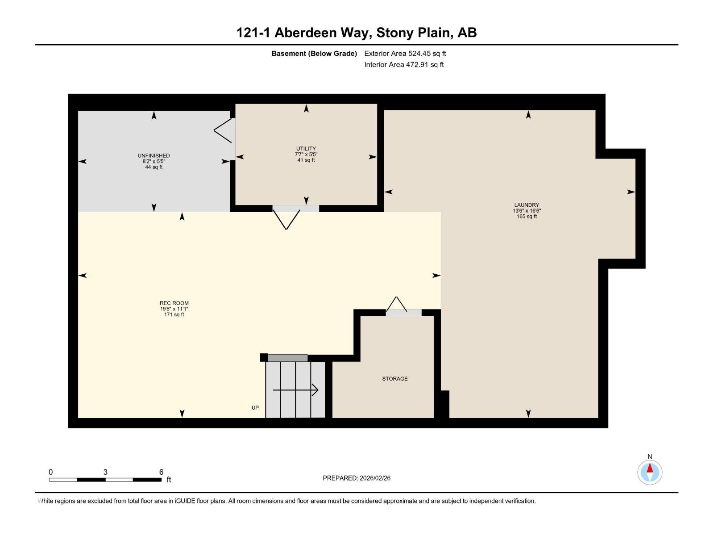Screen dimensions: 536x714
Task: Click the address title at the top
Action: [x=356, y=33]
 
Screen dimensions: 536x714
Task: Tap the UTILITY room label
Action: [x=306, y=149]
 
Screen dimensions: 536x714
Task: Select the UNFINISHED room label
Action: [x=154, y=155]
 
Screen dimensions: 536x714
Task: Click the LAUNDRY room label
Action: [x=527, y=205]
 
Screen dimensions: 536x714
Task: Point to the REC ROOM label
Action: [x=174, y=303]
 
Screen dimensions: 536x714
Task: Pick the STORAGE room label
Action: [x=394, y=378]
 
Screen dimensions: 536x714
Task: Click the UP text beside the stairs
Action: [x=255, y=407]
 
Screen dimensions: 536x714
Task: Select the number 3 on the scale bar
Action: [x=105, y=472]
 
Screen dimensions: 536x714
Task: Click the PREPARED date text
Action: [x=357, y=478]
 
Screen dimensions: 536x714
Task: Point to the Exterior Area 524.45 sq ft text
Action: [x=405, y=53]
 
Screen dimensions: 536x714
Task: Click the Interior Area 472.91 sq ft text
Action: [x=404, y=64]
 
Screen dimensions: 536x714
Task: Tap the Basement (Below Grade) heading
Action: [x=314, y=53]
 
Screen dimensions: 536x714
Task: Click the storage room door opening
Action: [x=403, y=313]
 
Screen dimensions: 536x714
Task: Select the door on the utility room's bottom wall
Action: [x=296, y=209]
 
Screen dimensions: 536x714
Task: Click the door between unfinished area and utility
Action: [x=232, y=139]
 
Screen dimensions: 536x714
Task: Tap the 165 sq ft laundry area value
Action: [x=527, y=217]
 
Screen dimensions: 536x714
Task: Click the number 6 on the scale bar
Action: [x=161, y=472]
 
